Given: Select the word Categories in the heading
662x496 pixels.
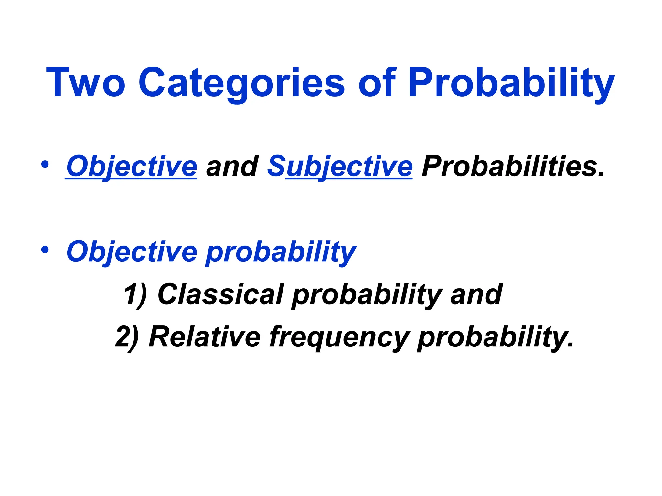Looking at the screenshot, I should [242, 82].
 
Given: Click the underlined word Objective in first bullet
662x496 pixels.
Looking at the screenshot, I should [131, 166].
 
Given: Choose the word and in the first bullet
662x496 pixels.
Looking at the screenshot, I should [232, 166].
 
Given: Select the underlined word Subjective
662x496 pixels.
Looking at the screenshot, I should [340, 166].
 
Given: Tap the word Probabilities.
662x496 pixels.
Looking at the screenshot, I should [513, 166].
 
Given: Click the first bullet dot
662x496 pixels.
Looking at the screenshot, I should [45, 164].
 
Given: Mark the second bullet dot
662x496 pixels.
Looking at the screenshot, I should [45, 249].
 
